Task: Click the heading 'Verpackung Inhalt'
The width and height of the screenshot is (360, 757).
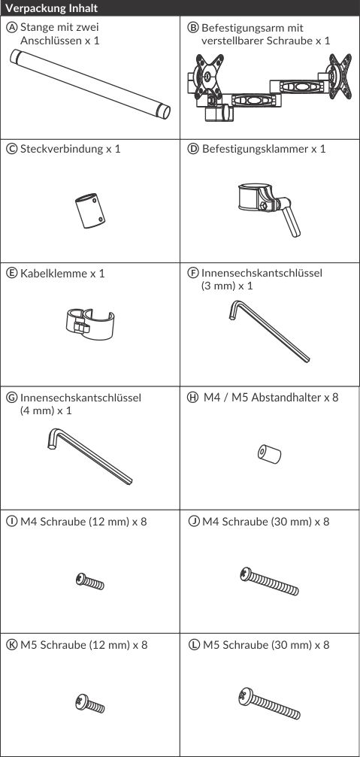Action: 52,8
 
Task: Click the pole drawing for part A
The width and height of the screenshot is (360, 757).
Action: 90,84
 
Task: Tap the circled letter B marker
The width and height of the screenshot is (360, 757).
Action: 192,28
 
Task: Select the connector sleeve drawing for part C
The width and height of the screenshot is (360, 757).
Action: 90,211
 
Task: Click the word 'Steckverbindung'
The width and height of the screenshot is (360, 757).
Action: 62,149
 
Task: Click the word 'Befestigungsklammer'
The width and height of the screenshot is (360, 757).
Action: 256,149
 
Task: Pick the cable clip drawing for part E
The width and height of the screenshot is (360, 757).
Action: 89,323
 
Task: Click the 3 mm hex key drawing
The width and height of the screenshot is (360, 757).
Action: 269,331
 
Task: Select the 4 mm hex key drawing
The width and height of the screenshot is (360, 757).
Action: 90,457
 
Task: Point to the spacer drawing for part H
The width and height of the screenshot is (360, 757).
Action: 269,454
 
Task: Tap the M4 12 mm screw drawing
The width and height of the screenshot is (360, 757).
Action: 89,581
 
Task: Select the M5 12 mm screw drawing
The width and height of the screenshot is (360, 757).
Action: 89,704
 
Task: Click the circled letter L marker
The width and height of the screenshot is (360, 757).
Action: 194,645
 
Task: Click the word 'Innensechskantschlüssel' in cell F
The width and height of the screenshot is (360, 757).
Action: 262,273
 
